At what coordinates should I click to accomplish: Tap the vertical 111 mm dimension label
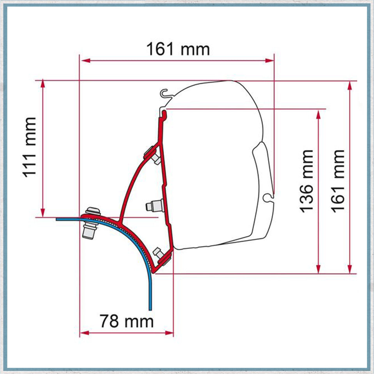point(30,147)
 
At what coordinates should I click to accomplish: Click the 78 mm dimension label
point(127,322)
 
